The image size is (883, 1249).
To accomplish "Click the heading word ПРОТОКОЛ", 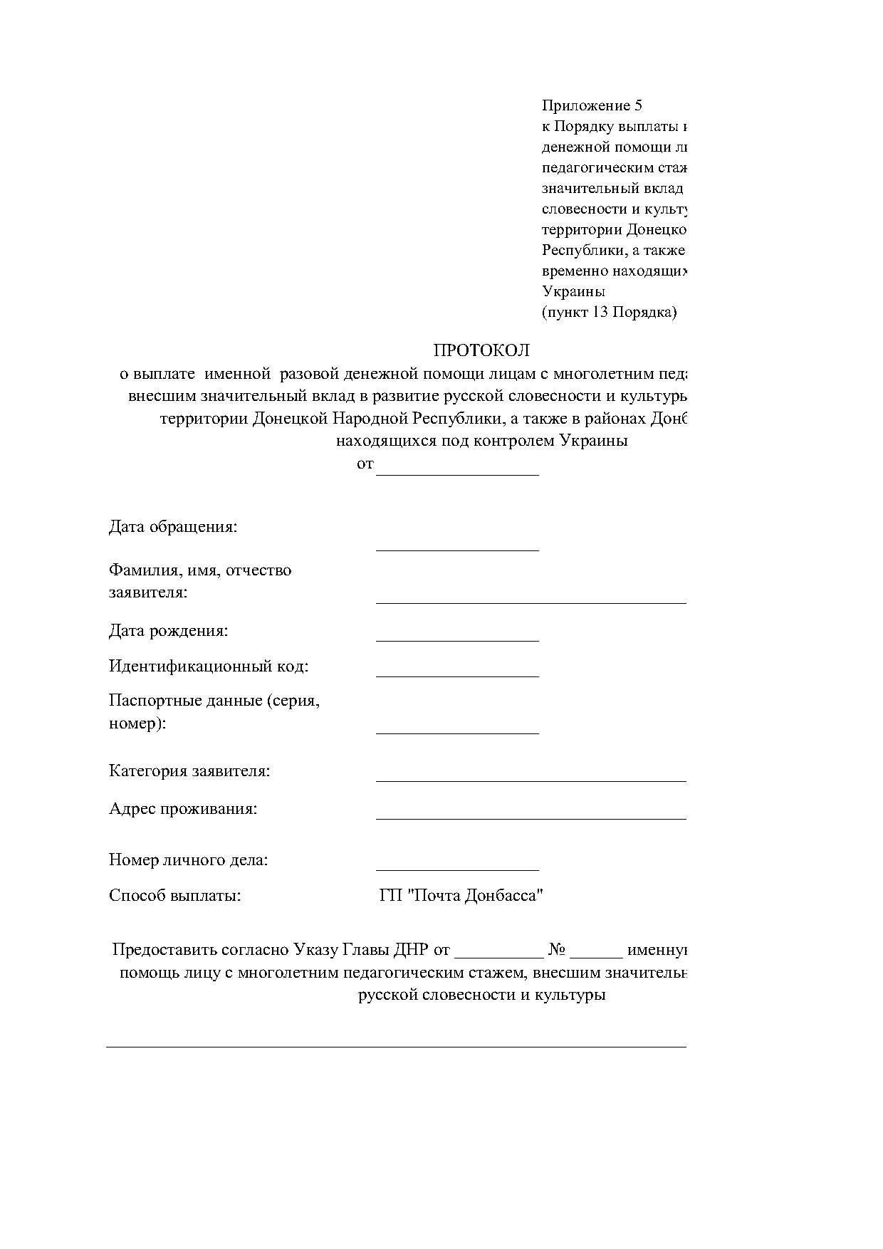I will (481, 350).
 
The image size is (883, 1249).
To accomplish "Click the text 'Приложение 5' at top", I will (592, 106).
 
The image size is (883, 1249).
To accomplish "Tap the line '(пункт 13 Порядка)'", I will (609, 312).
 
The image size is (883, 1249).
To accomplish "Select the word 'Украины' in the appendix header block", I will (573, 291).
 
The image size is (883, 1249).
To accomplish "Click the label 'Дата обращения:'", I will (173, 527).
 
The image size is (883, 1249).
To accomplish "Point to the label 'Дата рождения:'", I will (169, 631).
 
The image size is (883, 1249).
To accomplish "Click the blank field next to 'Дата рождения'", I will (457, 638).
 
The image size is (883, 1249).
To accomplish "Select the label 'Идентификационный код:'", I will (209, 667).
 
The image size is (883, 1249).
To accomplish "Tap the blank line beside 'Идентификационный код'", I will (457, 674).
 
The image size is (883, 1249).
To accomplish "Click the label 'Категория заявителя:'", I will (189, 771).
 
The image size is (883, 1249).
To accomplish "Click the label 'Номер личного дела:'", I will (189, 860).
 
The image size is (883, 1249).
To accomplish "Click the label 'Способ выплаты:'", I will (175, 896).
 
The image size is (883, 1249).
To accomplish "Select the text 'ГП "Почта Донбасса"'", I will (461, 896).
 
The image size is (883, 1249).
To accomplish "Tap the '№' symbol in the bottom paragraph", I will (557, 950).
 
